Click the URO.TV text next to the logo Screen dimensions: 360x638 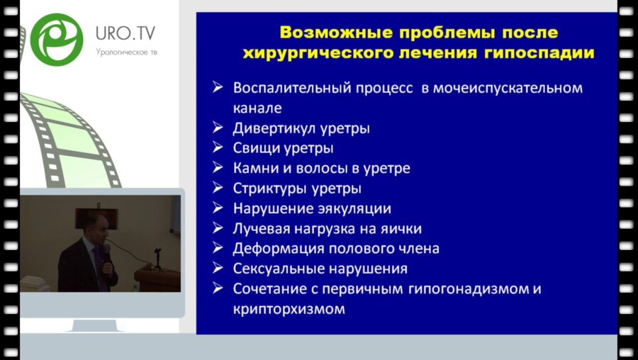126,33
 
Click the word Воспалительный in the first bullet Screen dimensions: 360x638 281,89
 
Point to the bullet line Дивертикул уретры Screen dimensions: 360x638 301,129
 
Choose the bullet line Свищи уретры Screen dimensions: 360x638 283,149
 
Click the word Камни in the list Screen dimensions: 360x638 253,169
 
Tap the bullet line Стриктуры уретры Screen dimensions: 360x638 297,189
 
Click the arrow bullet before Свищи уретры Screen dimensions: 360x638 218,149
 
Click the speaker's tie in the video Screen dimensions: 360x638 99,266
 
